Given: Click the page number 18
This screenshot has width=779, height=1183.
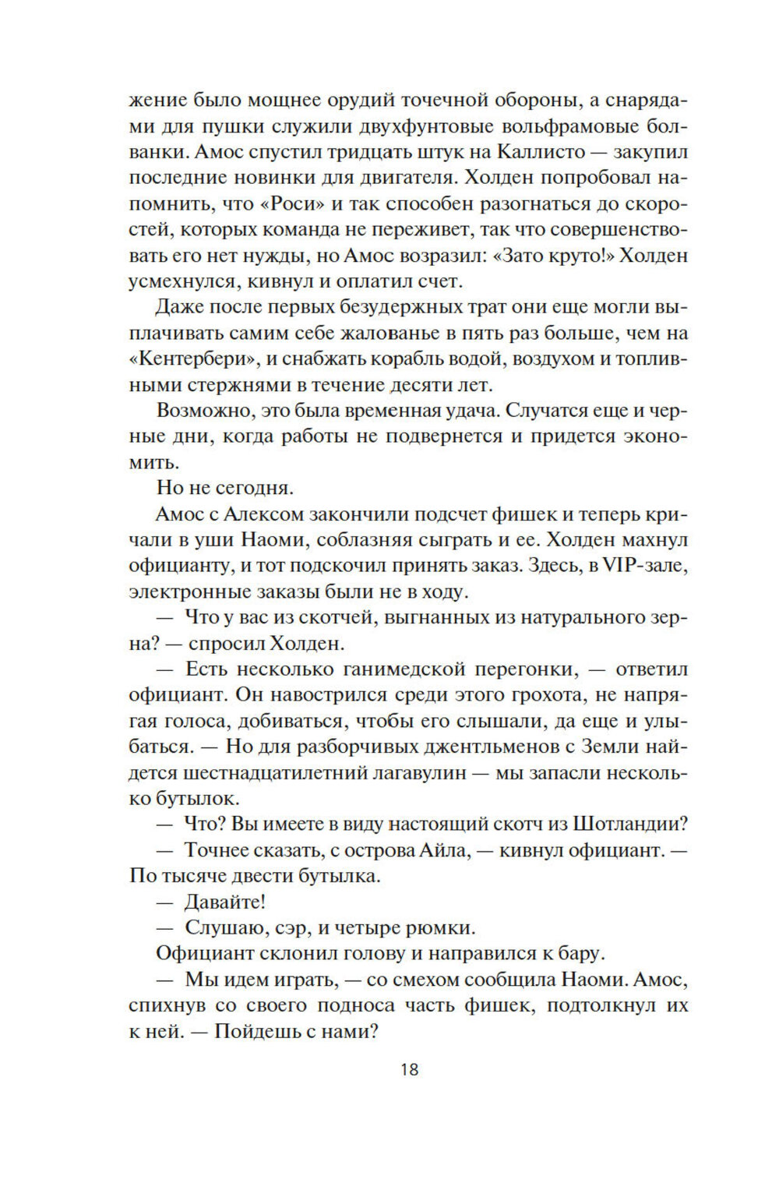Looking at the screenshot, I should click(410, 1069).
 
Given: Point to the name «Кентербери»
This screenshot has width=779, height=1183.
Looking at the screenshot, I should click(187, 359).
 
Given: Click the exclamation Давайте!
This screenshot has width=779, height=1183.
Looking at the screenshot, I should click(225, 902).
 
